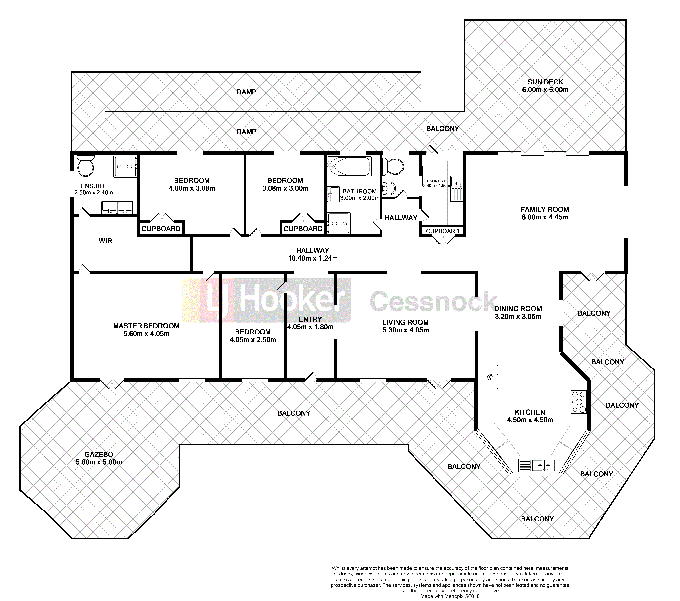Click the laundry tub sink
pyautogui.click(x=456, y=189)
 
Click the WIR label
pyautogui.click(x=105, y=241)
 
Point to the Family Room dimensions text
pyautogui.click(x=545, y=217)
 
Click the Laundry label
pyautogui.click(x=436, y=181)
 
